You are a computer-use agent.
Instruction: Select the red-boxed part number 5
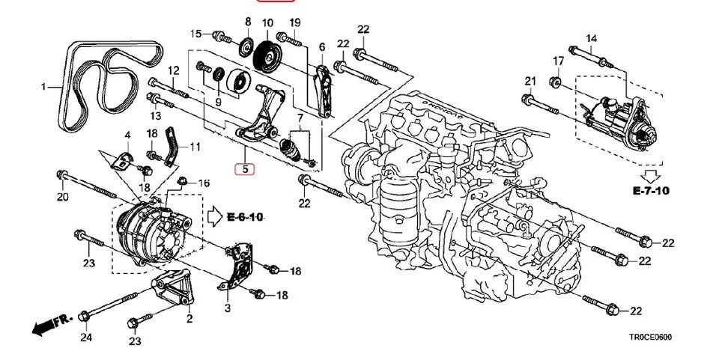[245, 169]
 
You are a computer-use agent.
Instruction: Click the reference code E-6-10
[245, 217]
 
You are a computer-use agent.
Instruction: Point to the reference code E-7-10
[649, 191]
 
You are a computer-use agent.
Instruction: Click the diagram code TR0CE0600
[650, 338]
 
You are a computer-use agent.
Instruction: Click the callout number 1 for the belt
[43, 87]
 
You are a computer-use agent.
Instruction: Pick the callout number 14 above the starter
[591, 38]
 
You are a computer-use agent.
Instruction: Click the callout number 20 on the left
[62, 198]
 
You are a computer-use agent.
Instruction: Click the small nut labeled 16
[183, 181]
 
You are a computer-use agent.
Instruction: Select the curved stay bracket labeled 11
[171, 146]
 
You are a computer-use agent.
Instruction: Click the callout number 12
[173, 70]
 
